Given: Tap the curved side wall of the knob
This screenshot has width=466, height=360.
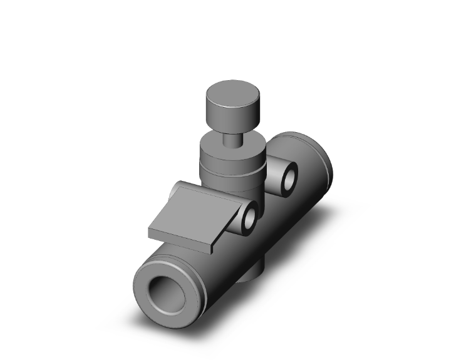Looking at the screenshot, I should click(229, 118).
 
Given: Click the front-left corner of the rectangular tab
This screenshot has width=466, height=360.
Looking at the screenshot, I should click(149, 233).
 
